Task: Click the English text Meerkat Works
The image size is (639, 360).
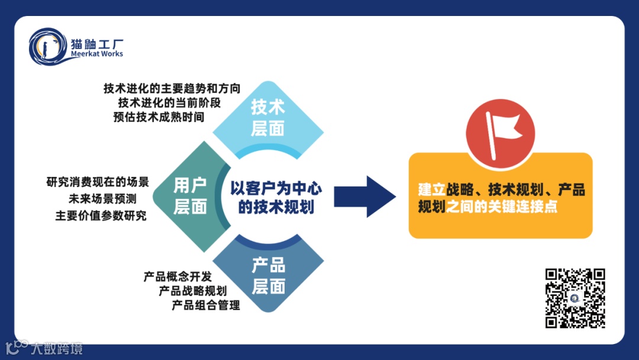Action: click(x=96, y=54)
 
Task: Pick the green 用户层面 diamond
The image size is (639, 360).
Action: click(x=189, y=196)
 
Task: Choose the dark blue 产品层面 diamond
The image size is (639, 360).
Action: click(x=268, y=276)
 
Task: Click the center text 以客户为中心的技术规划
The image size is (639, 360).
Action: click(x=276, y=198)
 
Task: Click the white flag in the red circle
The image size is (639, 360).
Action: click(x=501, y=128)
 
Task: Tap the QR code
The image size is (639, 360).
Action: click(x=575, y=298)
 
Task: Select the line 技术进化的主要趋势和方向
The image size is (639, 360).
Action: click(x=172, y=88)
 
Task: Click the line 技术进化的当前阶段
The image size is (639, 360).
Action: click(x=169, y=102)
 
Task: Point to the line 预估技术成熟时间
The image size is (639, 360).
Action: click(x=158, y=117)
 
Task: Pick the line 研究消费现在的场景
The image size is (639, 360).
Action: click(x=97, y=182)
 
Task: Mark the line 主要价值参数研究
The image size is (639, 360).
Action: click(x=101, y=216)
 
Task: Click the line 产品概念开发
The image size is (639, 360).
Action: click(x=177, y=277)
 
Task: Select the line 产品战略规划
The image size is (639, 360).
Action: click(x=192, y=291)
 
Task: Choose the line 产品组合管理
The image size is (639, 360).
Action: click(x=205, y=306)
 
